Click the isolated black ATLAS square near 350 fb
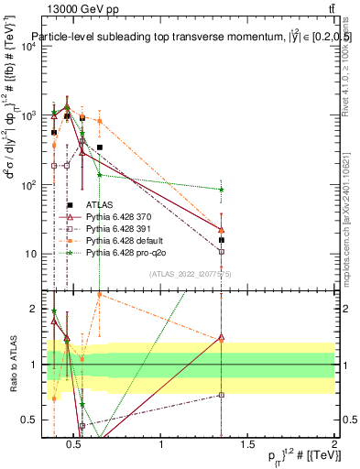coord(100,147)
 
